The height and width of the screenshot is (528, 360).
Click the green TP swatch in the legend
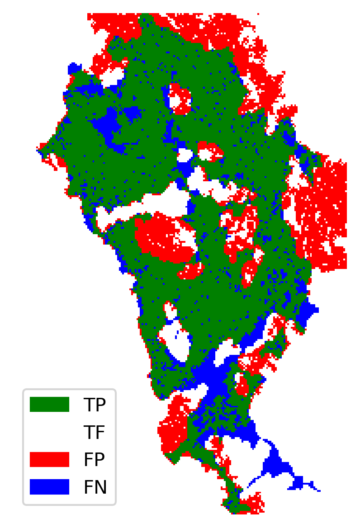click(x=49, y=404)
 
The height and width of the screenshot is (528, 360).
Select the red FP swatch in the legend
click(x=49, y=459)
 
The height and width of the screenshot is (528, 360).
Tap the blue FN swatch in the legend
click(x=49, y=487)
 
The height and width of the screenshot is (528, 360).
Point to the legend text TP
click(x=95, y=405)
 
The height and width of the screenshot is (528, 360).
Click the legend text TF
click(x=95, y=433)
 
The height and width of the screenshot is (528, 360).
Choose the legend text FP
click(x=95, y=460)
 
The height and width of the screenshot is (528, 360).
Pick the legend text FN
click(x=95, y=487)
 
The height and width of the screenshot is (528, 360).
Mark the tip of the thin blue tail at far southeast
click(x=319, y=490)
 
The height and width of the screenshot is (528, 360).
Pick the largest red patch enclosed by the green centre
click(x=163, y=237)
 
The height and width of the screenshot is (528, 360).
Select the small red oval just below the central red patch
click(x=191, y=270)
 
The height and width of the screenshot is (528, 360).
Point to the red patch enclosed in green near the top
click(x=180, y=98)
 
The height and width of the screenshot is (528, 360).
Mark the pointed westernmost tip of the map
click(x=38, y=147)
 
